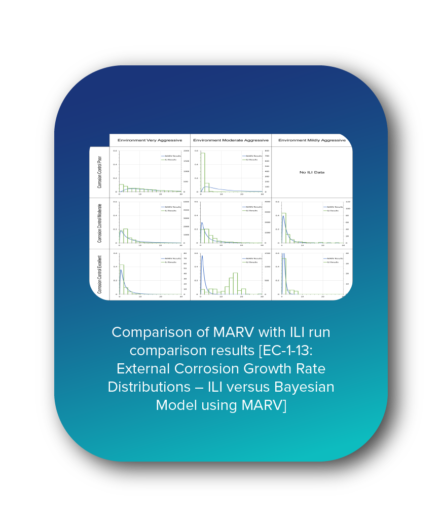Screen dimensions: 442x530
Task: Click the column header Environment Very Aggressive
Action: (150, 140)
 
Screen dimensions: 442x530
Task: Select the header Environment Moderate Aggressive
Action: (231, 140)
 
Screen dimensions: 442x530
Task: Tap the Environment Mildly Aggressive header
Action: (312, 140)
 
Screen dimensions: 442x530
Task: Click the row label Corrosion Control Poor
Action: (100, 172)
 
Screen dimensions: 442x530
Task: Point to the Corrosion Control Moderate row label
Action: (100, 223)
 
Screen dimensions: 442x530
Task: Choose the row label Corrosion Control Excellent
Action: (100, 274)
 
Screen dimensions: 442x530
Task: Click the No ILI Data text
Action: (312, 172)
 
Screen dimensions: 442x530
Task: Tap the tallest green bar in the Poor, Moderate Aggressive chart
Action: (203, 172)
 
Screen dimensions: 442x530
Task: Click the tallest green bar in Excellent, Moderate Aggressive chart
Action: (235, 283)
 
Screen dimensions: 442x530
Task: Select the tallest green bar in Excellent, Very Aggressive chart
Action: (122, 279)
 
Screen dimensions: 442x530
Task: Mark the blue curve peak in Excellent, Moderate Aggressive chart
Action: (202, 256)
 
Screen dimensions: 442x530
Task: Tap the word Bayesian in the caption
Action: (304, 387)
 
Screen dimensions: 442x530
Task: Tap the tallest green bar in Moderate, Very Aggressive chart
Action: (126, 236)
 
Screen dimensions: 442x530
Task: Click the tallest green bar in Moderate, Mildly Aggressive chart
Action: (284, 228)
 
